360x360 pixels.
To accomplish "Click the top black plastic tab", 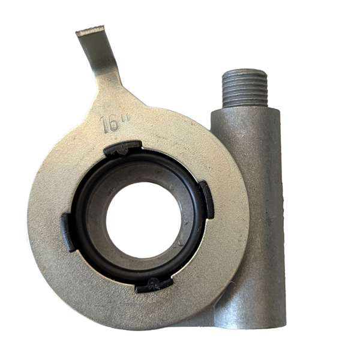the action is [123, 148].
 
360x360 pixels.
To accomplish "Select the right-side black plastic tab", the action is [207, 200].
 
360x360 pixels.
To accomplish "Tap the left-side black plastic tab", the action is [68, 232].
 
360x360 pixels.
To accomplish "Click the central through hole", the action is [144, 220].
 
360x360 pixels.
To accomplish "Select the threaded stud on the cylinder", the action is [245, 88].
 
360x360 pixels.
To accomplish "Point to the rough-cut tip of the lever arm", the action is [90, 30].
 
